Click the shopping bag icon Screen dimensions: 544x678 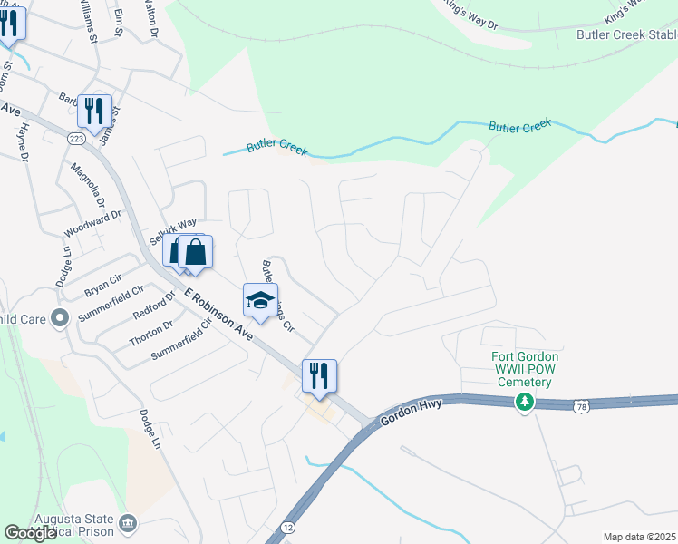[195, 252]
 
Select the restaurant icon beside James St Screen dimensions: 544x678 [94, 112]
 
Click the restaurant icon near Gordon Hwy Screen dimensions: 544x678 [319, 376]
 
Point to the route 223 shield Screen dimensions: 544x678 [76, 137]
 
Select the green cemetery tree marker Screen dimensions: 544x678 [524, 403]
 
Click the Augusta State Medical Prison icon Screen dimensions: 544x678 [128, 522]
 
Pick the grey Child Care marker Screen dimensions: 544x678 [61, 318]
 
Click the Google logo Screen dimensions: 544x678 [30, 533]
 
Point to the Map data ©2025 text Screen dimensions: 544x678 [640, 537]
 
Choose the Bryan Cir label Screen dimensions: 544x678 [102, 287]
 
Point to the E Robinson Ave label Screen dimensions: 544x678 [218, 314]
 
